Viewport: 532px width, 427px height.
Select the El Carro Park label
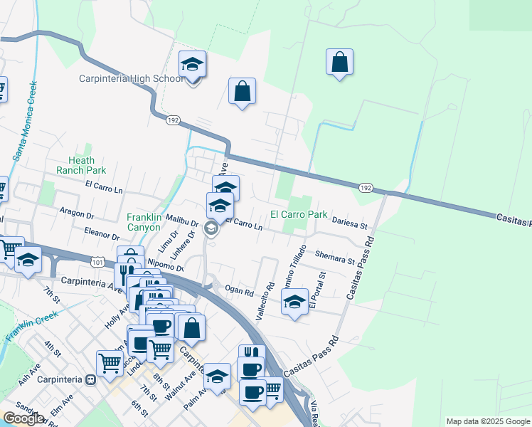pos(298,214)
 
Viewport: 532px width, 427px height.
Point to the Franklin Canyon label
pos(148,222)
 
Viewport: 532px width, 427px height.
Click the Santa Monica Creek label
pos(25,121)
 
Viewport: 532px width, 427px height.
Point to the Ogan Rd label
pos(239,291)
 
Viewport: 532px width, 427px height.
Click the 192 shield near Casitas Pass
pos(365,188)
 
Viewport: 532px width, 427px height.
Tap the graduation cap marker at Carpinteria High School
pos(192,65)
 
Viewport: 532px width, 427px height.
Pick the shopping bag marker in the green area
pos(339,62)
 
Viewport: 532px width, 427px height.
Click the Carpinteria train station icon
pos(90,379)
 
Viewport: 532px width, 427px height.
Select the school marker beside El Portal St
pos(294,302)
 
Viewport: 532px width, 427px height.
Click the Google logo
pos(23,418)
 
